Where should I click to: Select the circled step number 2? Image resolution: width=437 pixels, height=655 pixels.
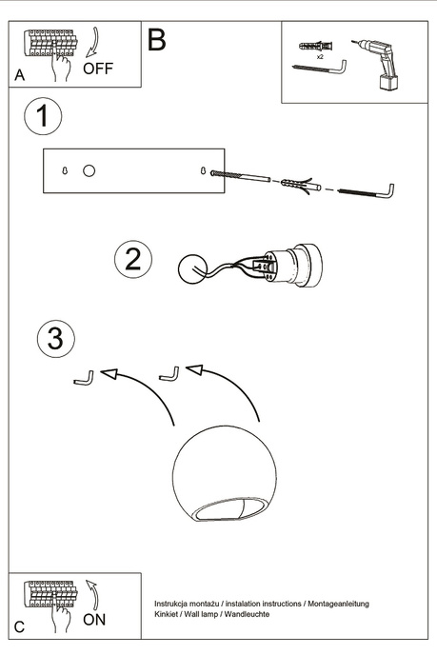133,260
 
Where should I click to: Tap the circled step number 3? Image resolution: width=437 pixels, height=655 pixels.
56,337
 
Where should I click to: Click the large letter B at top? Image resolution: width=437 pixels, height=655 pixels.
157,40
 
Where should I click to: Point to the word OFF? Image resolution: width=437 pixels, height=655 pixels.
98,69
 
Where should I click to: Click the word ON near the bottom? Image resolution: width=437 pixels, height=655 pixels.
95,620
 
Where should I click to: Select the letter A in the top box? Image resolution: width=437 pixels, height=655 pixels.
20,75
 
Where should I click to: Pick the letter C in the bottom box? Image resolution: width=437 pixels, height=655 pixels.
20,626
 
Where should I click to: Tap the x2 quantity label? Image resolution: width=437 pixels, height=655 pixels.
319,58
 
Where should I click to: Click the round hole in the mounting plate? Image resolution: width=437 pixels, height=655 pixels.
89,170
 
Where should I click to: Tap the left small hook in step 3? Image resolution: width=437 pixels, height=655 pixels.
83,379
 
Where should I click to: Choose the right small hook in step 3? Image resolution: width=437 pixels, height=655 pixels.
169,373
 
